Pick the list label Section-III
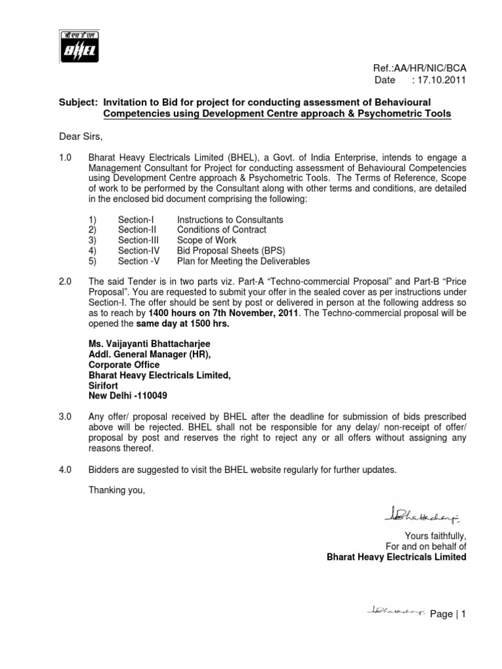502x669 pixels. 136,240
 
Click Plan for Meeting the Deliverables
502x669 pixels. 243,261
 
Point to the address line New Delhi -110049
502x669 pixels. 131,396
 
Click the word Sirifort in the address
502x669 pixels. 106,385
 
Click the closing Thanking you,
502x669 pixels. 116,491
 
